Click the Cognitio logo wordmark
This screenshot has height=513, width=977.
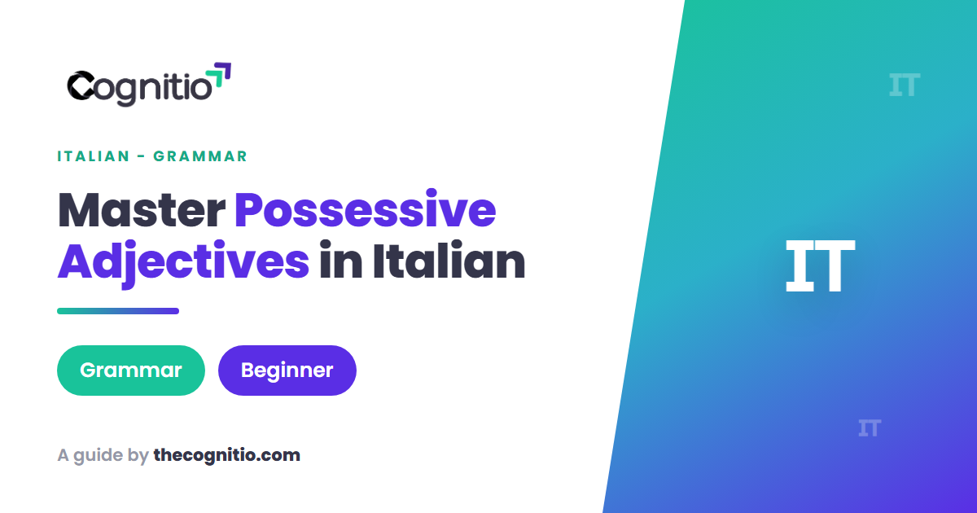pyautogui.click(x=139, y=88)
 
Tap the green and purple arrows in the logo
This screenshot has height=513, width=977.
pyautogui.click(x=218, y=76)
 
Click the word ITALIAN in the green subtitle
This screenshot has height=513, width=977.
pyautogui.click(x=94, y=156)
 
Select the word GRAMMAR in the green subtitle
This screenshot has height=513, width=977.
pyautogui.click(x=200, y=156)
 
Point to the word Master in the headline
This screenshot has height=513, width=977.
pyautogui.click(x=142, y=210)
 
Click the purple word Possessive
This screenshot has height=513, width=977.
pyautogui.click(x=365, y=209)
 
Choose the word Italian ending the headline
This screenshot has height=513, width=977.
pyautogui.click(x=449, y=261)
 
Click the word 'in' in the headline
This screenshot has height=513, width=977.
pyautogui.click(x=340, y=261)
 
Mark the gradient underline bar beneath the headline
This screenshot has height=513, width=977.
pyautogui.click(x=118, y=311)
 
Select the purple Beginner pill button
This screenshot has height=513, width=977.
pyautogui.click(x=287, y=370)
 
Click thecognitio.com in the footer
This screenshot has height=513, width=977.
pyautogui.click(x=227, y=455)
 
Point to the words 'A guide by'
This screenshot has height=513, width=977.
pyautogui.click(x=103, y=456)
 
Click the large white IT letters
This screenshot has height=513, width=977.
pyautogui.click(x=820, y=265)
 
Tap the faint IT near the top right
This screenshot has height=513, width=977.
pyautogui.click(x=905, y=85)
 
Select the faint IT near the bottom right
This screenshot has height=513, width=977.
pyautogui.click(x=870, y=427)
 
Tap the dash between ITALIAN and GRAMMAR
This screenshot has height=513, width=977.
pyautogui.click(x=142, y=156)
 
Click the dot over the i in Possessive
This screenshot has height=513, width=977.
pyautogui.click(x=432, y=193)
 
